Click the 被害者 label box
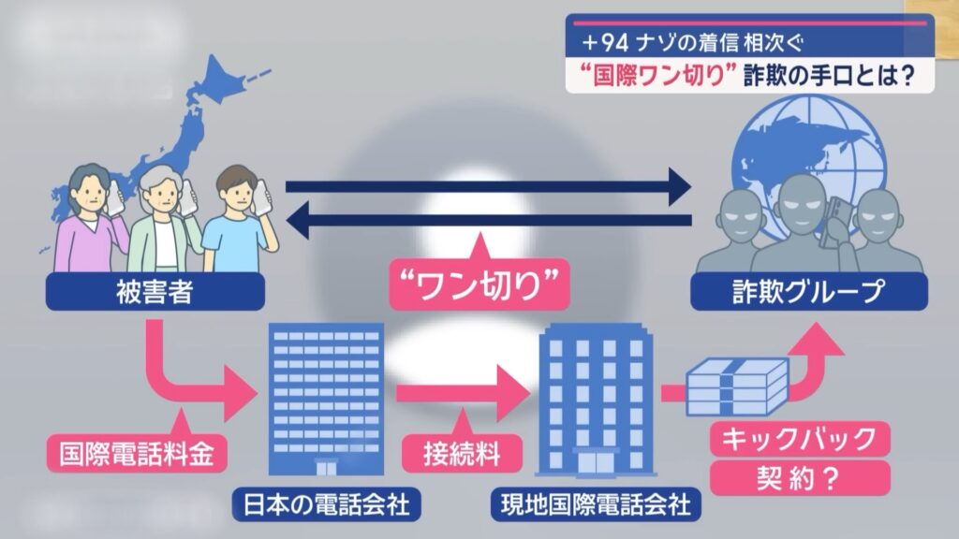(x=155, y=292)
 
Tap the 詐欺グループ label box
(x=808, y=292)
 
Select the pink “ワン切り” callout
(x=479, y=284)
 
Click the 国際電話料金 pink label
(x=137, y=454)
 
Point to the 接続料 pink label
(x=462, y=454)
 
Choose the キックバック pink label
(x=800, y=438)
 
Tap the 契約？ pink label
(x=800, y=478)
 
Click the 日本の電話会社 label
(x=327, y=504)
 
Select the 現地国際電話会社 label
(x=596, y=504)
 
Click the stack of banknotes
(x=737, y=386)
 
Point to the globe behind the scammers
(x=810, y=165)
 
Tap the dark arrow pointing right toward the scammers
(x=488, y=186)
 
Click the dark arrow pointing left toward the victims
(x=488, y=220)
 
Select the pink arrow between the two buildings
(x=463, y=392)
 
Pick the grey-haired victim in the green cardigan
(x=164, y=219)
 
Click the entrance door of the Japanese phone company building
(x=326, y=468)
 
